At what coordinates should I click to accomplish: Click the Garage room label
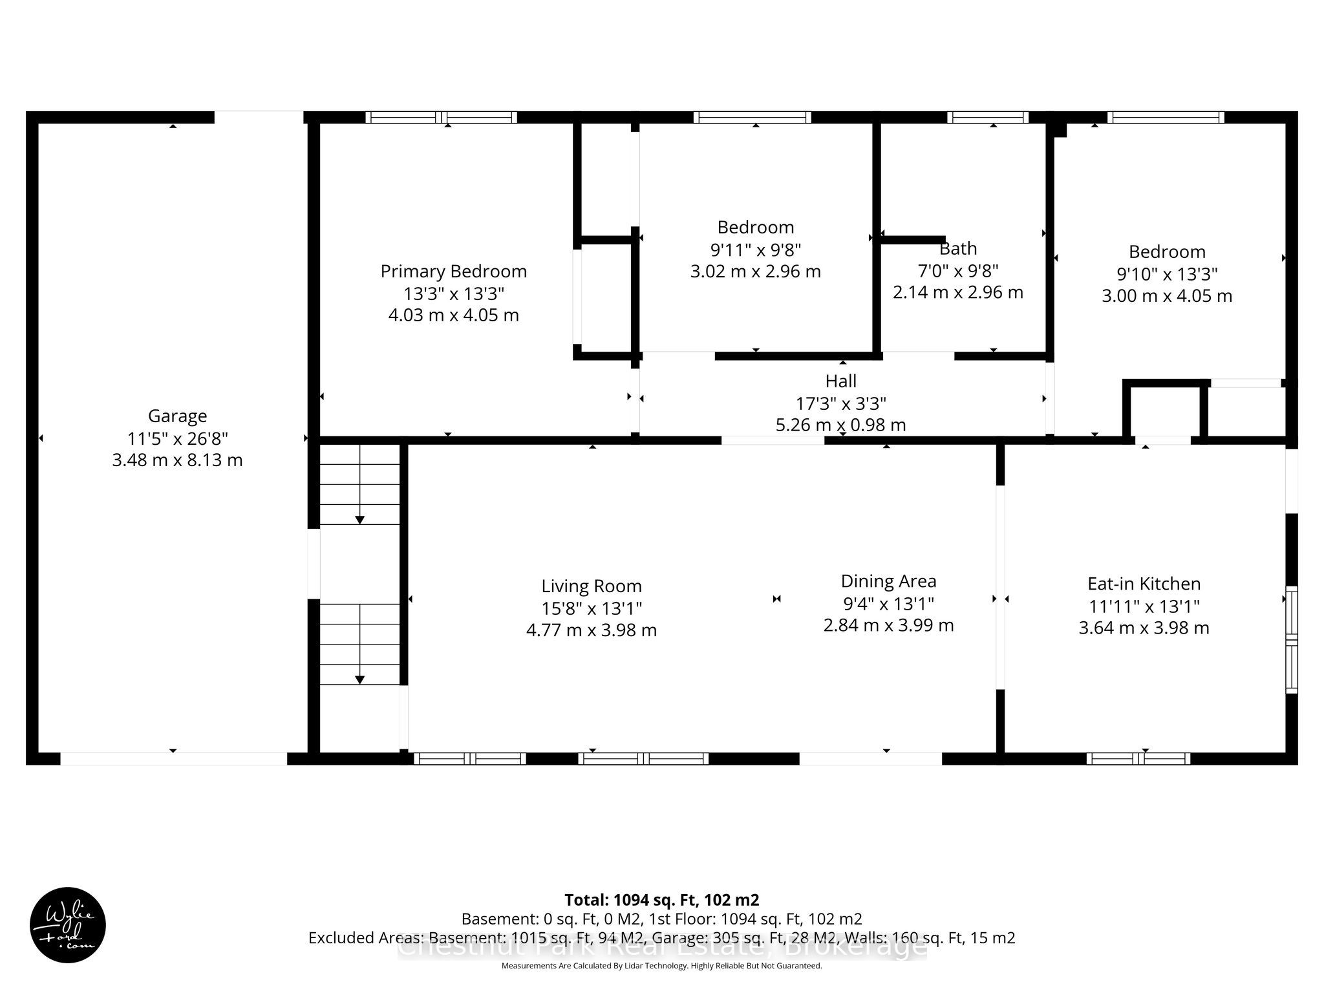pyautogui.click(x=177, y=416)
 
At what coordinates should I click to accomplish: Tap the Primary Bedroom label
pyautogui.click(x=454, y=272)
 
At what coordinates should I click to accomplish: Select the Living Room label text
pyautogui.click(x=592, y=586)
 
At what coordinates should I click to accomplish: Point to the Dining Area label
pyautogui.click(x=888, y=582)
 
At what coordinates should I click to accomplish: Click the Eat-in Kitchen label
pyautogui.click(x=1144, y=584)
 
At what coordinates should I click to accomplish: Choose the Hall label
pyautogui.click(x=840, y=381)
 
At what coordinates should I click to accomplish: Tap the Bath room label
pyautogui.click(x=958, y=248)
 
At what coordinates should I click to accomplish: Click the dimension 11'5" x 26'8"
pyautogui.click(x=177, y=438)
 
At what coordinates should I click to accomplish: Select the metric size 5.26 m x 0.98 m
pyautogui.click(x=840, y=425)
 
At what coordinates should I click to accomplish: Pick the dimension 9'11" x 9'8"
pyautogui.click(x=755, y=249)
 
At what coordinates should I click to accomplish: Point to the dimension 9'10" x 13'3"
pyautogui.click(x=1166, y=274)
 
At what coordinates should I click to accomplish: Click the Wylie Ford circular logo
pyautogui.click(x=68, y=925)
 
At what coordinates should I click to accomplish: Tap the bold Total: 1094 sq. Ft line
pyautogui.click(x=662, y=900)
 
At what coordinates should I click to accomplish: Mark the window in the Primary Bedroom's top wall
pyautogui.click(x=442, y=117)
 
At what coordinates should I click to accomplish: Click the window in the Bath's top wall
pyautogui.click(x=988, y=117)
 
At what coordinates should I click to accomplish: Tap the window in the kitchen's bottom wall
pyautogui.click(x=1138, y=758)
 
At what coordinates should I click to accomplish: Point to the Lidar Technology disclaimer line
pyautogui.click(x=662, y=966)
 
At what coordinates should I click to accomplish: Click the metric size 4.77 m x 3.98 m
pyautogui.click(x=592, y=630)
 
